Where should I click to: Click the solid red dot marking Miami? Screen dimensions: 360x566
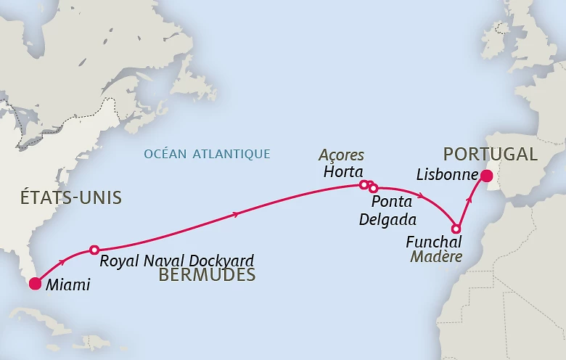point(35,284)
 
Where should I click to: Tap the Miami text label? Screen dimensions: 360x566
point(67,285)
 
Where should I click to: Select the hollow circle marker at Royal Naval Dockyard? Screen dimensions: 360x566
point(94,250)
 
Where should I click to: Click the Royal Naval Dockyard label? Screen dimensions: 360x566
point(177,261)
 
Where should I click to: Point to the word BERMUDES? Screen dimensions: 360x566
point(207,275)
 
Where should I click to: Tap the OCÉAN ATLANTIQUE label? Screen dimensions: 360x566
point(207,154)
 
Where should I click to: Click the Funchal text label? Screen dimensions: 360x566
point(432,242)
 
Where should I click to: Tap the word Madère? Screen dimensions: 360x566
point(436,256)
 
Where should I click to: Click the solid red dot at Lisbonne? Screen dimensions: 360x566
point(486,176)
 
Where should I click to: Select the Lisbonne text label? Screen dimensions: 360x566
point(447,176)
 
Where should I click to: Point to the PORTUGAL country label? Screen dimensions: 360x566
point(490,154)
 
